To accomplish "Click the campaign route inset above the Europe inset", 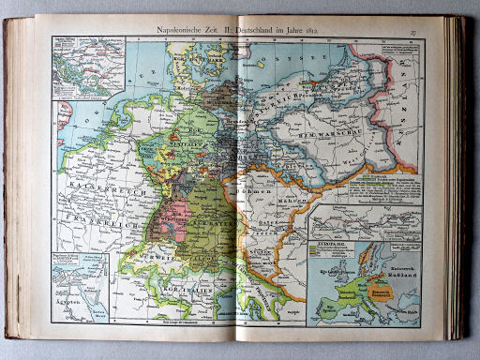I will [x=365, y=222].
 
